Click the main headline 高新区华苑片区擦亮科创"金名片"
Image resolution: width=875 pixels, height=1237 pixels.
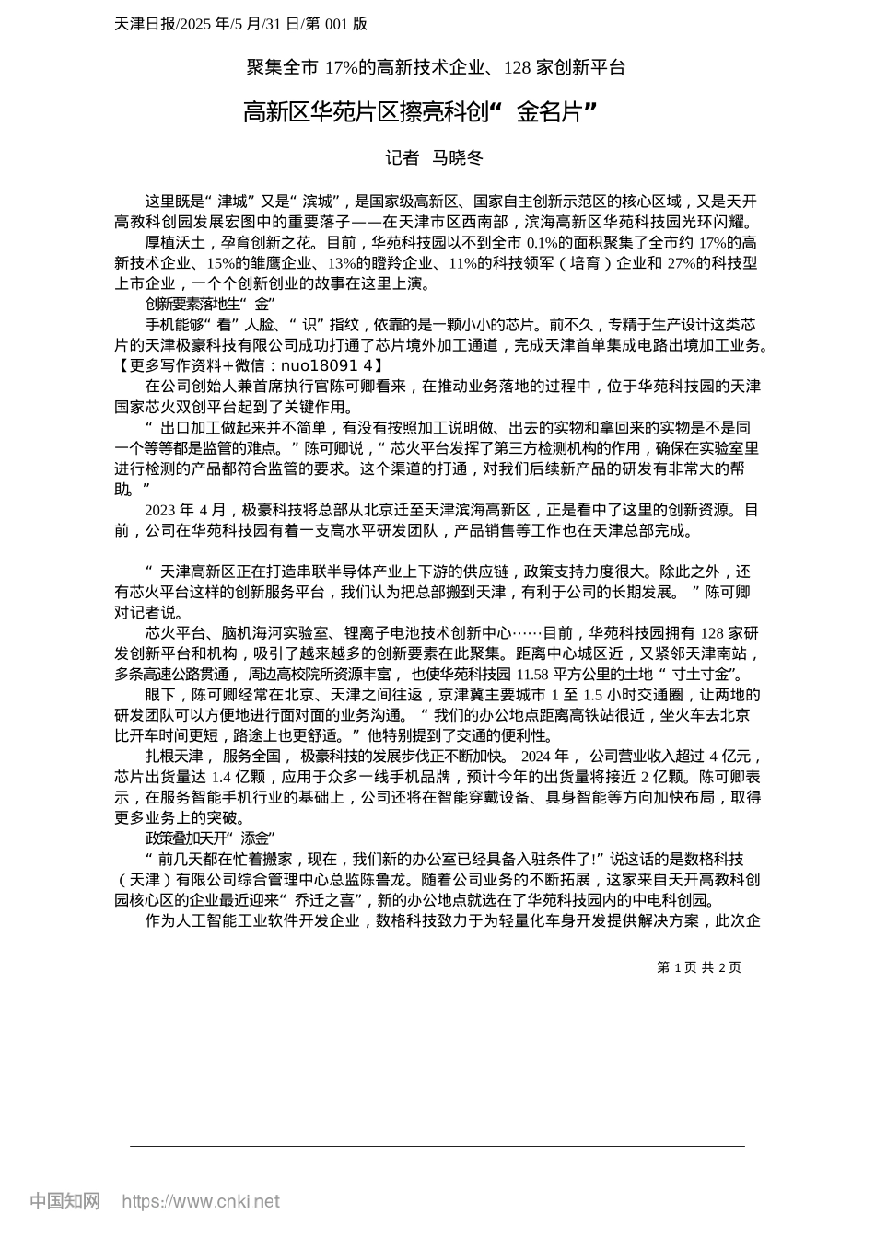point(420,113)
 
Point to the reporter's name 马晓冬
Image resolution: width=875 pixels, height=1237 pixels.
point(458,158)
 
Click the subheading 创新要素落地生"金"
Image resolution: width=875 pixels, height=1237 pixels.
point(211,304)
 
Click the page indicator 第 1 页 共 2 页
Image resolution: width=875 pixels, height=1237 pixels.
point(698,967)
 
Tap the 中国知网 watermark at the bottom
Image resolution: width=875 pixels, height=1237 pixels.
point(64,1201)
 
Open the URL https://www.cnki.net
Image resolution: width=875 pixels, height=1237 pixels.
point(201,1201)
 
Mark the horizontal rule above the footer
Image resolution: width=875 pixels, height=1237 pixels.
point(437,1147)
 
